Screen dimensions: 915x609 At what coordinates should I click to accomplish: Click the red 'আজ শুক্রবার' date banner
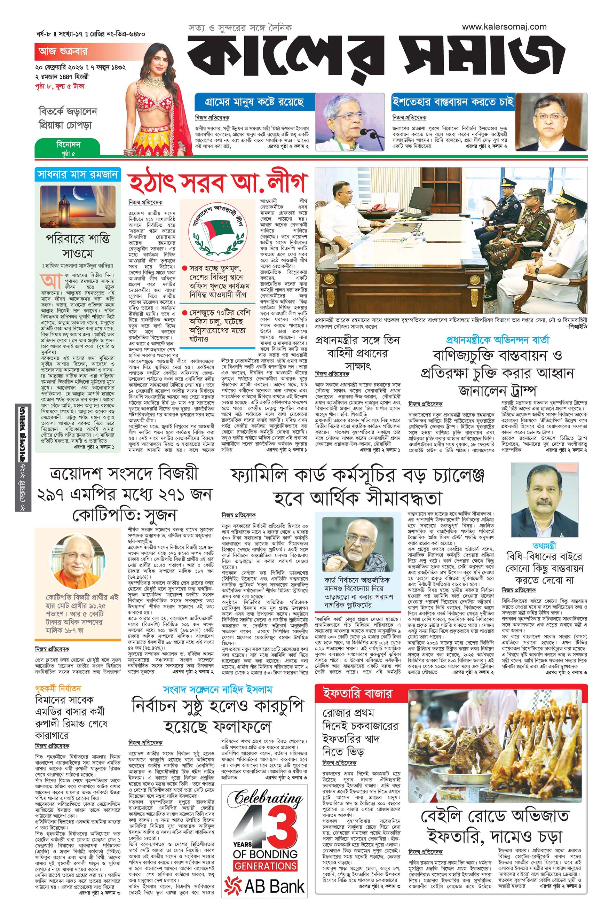click(x=63, y=51)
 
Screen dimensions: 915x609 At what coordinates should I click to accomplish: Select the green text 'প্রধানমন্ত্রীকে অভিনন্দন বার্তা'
click(x=498, y=339)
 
